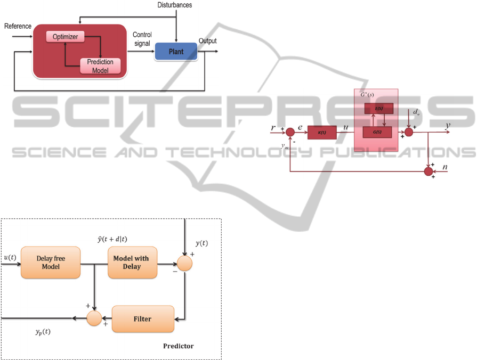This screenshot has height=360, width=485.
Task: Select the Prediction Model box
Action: pos(100,66)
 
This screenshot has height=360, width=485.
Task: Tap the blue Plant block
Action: pos(176,52)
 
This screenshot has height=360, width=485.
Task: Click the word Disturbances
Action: pos(174,5)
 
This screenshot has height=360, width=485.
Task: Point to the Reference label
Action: pos(18,26)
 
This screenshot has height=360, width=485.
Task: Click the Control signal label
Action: pos(142,39)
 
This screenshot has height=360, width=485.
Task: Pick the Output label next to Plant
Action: pos(207,41)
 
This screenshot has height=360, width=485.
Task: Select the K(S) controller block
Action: pos(322,132)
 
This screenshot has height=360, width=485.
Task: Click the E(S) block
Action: pos(378,108)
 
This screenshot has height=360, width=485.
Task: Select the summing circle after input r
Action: pos(290,132)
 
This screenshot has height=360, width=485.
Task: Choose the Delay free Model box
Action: pos(51,262)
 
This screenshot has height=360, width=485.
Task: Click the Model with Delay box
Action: pos(132,262)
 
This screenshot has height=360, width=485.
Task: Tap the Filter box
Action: pos(143,319)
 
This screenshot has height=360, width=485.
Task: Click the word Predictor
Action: pos(178,346)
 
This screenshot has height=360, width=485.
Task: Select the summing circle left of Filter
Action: pos(94,318)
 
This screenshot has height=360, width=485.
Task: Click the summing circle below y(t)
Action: pos(184,263)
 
